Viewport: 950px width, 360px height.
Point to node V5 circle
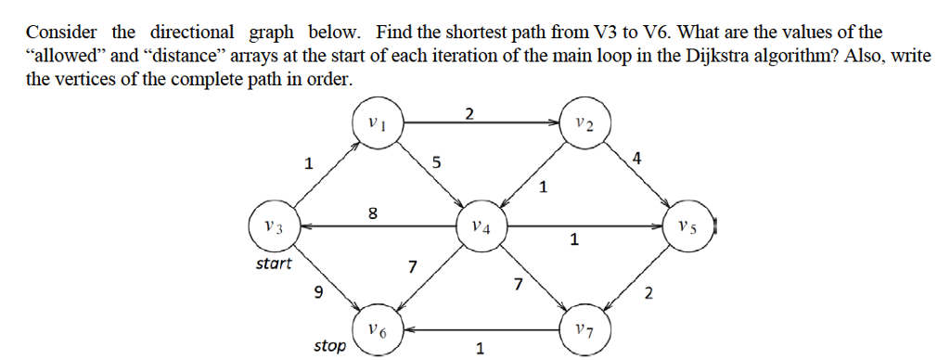687,225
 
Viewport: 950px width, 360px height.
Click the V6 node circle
377,329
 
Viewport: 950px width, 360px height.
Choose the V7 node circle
583,329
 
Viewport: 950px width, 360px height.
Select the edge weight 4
635,157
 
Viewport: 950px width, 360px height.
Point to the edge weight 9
319,294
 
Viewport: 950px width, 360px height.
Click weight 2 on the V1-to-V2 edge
469,114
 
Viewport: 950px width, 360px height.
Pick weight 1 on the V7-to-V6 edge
479,349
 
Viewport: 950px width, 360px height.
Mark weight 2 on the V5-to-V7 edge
648,294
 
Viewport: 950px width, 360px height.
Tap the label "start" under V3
273,264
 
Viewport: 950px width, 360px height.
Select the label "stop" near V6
329,346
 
